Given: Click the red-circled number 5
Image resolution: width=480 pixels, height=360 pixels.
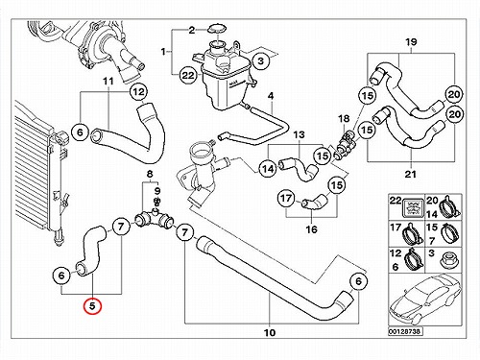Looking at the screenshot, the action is coord(92,306).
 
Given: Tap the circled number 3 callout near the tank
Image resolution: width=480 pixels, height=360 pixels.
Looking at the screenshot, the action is coord(261,60).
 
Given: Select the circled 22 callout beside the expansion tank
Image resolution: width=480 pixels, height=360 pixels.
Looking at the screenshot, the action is coord(188,75).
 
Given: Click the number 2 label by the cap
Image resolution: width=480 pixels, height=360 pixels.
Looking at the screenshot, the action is coord(191,31).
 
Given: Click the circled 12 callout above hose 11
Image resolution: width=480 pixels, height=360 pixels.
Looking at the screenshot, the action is coord(138,92).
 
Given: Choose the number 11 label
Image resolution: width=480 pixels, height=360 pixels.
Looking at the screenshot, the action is coord(108,82).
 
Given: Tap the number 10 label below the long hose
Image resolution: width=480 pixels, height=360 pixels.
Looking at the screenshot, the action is coord(270,333).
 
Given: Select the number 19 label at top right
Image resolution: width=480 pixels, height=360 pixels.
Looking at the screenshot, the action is coord(411,42).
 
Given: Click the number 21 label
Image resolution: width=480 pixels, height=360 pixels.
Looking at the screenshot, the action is coord(411,175).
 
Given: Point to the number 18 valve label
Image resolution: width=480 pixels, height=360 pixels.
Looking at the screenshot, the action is coord(344,119).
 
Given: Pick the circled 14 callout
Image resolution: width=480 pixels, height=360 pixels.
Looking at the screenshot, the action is coord(268,168).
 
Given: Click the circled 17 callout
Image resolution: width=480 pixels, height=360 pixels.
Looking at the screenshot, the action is coord(286,199).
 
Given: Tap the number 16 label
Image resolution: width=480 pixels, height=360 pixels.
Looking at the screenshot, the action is coord(311,229).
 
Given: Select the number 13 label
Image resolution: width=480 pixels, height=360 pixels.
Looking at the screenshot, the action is coord(299,135).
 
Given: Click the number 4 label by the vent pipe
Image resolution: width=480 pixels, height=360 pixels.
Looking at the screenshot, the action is coord(271,96).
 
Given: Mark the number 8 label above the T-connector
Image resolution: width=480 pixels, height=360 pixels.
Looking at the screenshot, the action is coord(150,175).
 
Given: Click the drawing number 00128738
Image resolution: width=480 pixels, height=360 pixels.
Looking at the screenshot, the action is coord(405,331).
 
